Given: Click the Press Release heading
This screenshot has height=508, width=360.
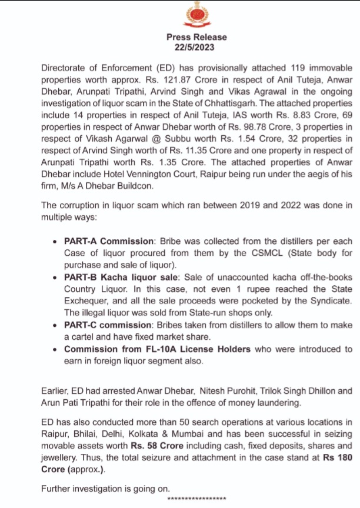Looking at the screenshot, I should point(196,37).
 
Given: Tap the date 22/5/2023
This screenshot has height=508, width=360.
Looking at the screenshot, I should point(196,47).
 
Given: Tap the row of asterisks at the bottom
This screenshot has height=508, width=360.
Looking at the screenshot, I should point(197,498).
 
